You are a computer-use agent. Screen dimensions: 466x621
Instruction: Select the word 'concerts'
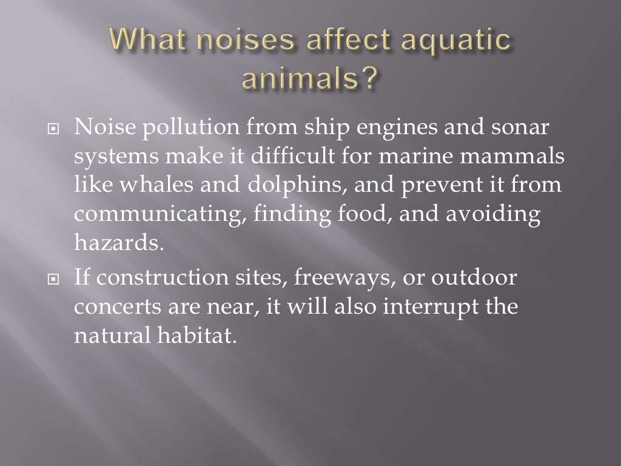click(118, 308)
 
